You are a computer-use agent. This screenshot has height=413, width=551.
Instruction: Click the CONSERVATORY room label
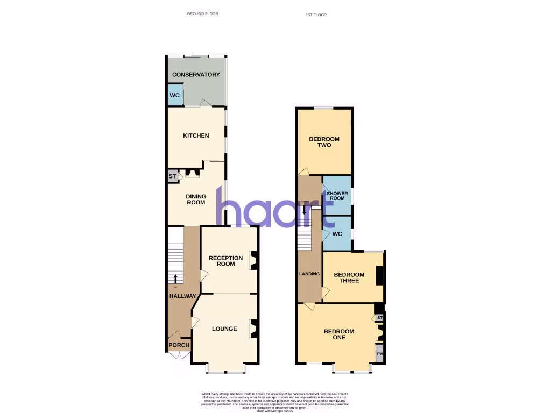pyautogui.click(x=196, y=75)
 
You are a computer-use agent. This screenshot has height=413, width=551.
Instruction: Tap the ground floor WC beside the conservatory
pyautogui.click(x=174, y=96)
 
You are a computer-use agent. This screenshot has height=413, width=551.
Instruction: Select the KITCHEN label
pyautogui.click(x=196, y=136)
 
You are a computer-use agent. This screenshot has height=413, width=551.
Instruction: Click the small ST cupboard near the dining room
pyautogui.click(x=173, y=176)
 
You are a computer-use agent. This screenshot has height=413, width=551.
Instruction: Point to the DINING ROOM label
pyautogui.click(x=196, y=200)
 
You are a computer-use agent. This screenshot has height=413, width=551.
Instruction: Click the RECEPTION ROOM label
pyautogui.click(x=226, y=261)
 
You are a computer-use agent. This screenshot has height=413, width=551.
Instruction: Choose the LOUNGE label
pyautogui.click(x=224, y=329)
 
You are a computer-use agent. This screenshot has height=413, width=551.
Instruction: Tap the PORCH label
pyautogui.click(x=179, y=345)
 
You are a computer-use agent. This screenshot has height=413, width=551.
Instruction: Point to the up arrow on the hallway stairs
pyautogui.click(x=175, y=278)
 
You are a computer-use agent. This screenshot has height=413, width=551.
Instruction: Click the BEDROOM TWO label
pyautogui.click(x=324, y=143)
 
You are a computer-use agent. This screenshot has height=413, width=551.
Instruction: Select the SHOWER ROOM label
pyautogui.click(x=337, y=195)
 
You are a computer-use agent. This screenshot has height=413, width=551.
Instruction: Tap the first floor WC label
pyautogui.click(x=337, y=234)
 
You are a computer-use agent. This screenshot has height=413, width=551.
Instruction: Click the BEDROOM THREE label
pyautogui.click(x=349, y=277)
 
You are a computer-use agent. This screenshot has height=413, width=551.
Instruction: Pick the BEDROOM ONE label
pyautogui.click(x=339, y=334)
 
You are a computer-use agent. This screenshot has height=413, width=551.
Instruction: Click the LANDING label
pyautogui.click(x=309, y=274)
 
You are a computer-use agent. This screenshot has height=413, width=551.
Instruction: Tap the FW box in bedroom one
pyautogui.click(x=380, y=354)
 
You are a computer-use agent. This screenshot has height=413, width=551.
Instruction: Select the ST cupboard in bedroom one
pyautogui.click(x=380, y=318)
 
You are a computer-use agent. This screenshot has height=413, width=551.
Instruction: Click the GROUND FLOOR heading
pyautogui.click(x=202, y=13)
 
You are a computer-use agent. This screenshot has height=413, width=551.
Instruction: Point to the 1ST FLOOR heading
pyautogui.click(x=316, y=15)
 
